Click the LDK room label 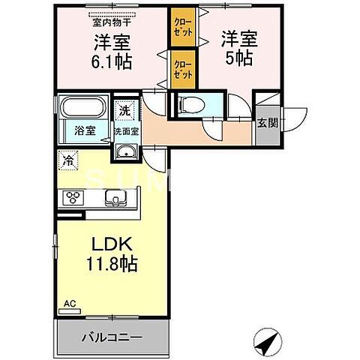[113, 246]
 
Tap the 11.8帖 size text [113, 265]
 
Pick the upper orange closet [181, 28]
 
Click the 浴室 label [84, 130]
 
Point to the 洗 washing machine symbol [124, 109]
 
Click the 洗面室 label [125, 130]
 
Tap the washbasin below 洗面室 [125, 152]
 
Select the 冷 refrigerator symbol [68, 160]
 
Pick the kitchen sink [117, 198]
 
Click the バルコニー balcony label [111, 337]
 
